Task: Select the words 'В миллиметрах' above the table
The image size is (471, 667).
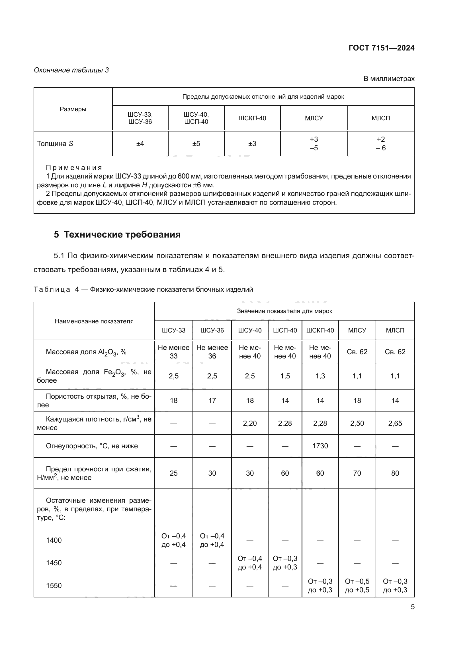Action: [389, 79]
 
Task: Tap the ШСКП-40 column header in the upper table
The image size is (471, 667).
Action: [252, 118]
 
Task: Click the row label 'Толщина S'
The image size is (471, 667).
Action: [55, 144]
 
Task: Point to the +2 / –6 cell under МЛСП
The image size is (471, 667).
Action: [380, 143]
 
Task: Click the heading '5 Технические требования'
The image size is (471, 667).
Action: [117, 234]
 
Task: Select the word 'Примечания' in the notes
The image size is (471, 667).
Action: [74, 168]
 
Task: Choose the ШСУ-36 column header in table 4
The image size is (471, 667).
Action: [212, 330]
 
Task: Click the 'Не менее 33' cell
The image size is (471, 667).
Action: [173, 352]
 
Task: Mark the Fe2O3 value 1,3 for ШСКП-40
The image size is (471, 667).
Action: [320, 376]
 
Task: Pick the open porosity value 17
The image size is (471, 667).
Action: [212, 401]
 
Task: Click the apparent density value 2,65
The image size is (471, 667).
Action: [395, 423]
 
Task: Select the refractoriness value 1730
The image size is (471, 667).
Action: [320, 446]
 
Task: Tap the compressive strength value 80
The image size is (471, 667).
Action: [395, 473]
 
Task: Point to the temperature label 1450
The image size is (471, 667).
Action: [54, 563]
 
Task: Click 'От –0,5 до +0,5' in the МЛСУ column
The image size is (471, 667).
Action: [357, 585]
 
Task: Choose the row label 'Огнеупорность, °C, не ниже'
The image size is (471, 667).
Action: [92, 446]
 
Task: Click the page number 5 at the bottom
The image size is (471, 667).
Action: [412, 607]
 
